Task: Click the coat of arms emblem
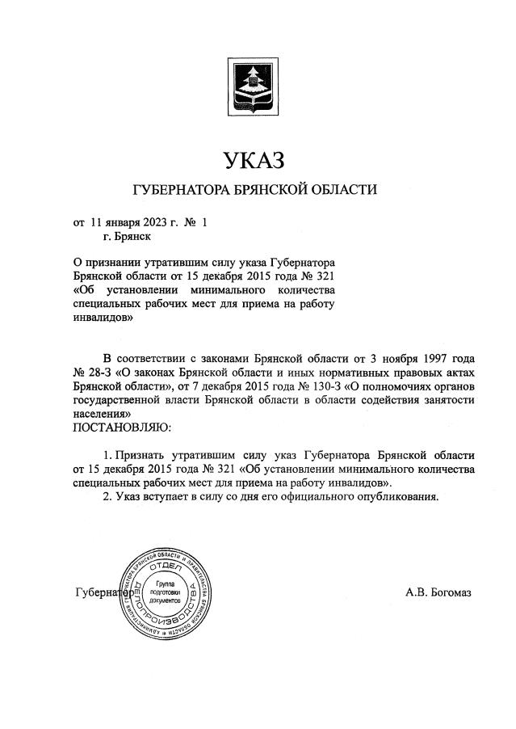click(256, 85)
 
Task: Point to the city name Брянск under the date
click(129, 237)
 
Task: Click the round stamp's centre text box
click(165, 592)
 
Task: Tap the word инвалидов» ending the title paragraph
click(103, 319)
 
